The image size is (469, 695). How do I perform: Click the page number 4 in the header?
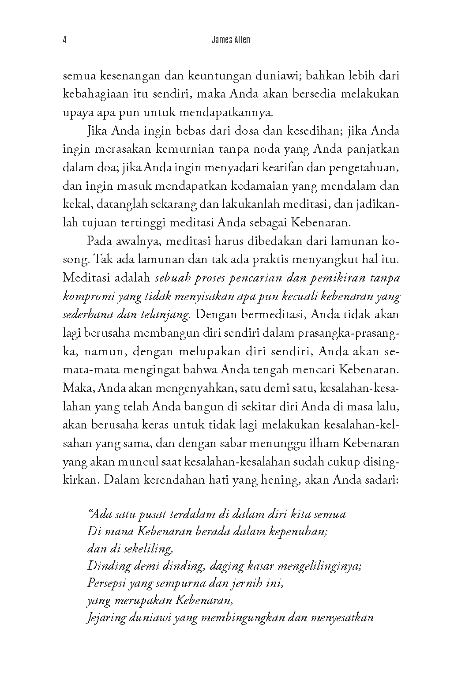point(65,40)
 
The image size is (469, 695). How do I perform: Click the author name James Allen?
point(231,40)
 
